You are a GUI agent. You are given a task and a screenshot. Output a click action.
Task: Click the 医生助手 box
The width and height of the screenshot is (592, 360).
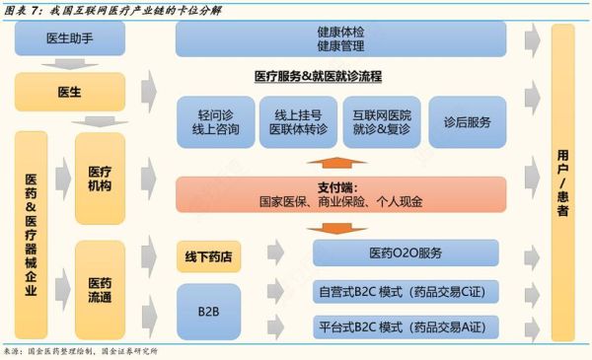coord(70,40)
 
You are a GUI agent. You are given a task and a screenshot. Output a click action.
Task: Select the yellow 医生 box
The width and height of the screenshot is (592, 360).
coord(70,92)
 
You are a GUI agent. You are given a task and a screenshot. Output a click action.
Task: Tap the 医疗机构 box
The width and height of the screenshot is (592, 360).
coord(100,178)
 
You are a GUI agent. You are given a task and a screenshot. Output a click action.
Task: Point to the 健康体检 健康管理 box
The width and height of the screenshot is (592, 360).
coord(340,38)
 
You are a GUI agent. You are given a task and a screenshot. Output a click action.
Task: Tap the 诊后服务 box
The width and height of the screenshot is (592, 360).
coord(467,122)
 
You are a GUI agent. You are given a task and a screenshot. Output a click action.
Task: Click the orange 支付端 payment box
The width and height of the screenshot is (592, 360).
coord(340,194)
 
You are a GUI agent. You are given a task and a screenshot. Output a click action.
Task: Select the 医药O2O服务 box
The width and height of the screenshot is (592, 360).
coord(405,253)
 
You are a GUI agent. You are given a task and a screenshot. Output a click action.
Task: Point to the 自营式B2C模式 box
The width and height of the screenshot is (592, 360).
coord(405,291)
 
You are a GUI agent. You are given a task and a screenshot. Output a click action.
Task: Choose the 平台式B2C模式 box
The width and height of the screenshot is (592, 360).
coord(405,326)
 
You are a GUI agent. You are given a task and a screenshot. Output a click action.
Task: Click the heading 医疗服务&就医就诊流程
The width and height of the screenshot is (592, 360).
coord(318,75)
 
